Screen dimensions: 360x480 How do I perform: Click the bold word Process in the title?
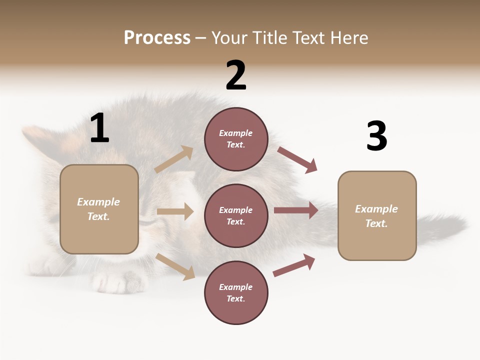[x=157, y=38]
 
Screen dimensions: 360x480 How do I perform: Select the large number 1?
[x=99, y=128]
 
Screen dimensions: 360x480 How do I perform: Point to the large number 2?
[x=236, y=75]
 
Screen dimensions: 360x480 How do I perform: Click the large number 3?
[x=376, y=136]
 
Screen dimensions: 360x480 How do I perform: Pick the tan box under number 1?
[x=99, y=209]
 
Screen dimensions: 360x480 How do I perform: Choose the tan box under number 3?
[x=377, y=216]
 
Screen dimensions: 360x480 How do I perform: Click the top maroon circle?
[x=236, y=139]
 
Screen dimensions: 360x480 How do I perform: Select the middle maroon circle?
[x=236, y=215]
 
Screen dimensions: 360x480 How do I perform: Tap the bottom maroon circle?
[x=236, y=292]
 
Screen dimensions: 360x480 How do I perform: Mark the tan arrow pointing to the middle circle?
[x=175, y=211]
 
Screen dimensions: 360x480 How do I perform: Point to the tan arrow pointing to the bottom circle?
[x=175, y=266]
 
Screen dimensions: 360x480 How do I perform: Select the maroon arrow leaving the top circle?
[x=297, y=159]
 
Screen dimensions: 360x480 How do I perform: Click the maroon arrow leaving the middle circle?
[x=296, y=210]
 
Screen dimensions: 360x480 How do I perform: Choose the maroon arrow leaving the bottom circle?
[x=294, y=265]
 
